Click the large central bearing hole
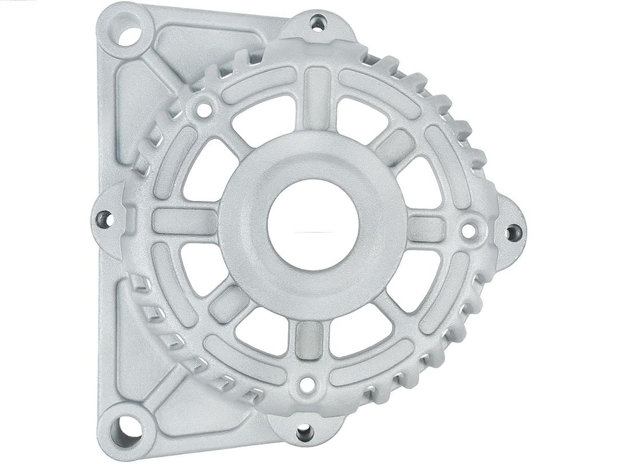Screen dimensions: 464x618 tap(313, 225)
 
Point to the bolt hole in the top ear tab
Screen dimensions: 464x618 tap(318, 23)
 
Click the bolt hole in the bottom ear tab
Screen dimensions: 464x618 tap(304, 431)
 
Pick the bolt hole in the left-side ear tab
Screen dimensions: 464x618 tap(105, 218)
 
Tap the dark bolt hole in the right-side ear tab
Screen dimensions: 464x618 tap(513, 232)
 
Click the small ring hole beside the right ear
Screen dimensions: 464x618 tap(468, 231)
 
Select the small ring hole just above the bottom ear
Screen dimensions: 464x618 tap(307, 384)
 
